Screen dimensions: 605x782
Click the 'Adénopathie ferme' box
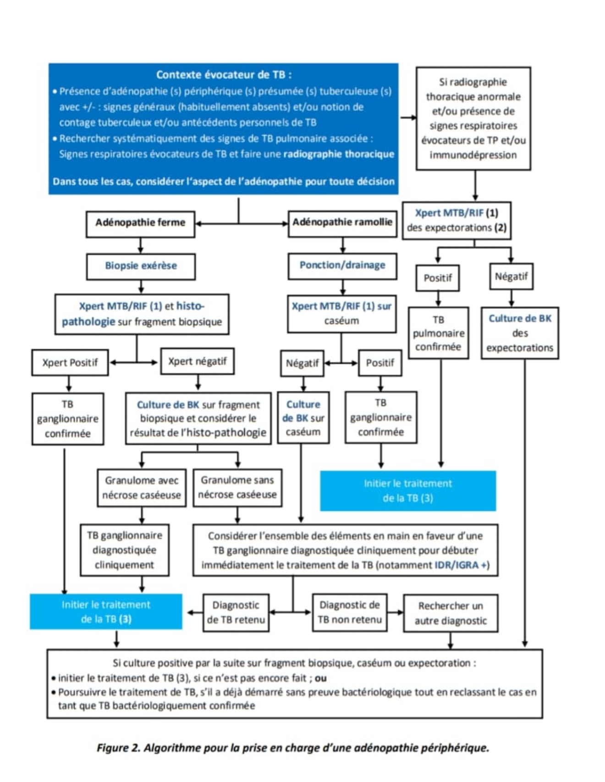140,224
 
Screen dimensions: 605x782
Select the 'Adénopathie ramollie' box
342,223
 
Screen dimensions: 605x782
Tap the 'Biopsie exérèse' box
141,267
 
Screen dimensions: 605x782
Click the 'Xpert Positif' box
70,363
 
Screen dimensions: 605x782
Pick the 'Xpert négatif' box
198,362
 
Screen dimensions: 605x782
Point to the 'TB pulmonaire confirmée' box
439,333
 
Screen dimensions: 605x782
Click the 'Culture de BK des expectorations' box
520,333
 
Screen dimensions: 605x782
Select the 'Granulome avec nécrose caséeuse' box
142,488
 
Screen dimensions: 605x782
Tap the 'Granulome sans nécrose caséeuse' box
237,487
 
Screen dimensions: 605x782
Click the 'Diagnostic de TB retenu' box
236,613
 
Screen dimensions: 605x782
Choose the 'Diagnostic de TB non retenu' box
350,613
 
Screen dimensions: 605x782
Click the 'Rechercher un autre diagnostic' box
451,613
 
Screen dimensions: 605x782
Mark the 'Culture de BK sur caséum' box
303,418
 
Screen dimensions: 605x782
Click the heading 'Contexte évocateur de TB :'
224,75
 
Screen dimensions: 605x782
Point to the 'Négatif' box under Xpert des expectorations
511,277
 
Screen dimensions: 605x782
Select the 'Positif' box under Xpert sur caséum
380,363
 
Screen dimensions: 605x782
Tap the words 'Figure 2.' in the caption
118,748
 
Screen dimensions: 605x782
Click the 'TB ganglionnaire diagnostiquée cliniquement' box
125,550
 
